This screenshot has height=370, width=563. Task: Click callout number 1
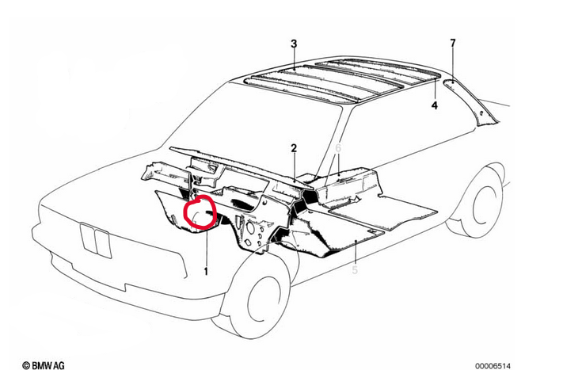point(206,272)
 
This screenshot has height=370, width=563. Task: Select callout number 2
point(293,148)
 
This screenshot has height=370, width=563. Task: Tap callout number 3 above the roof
point(293,43)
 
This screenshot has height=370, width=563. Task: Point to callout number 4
point(434,105)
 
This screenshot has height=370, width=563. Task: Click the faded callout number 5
point(355,272)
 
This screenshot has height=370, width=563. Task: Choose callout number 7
point(453,42)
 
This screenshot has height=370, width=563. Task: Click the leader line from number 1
point(206,246)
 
